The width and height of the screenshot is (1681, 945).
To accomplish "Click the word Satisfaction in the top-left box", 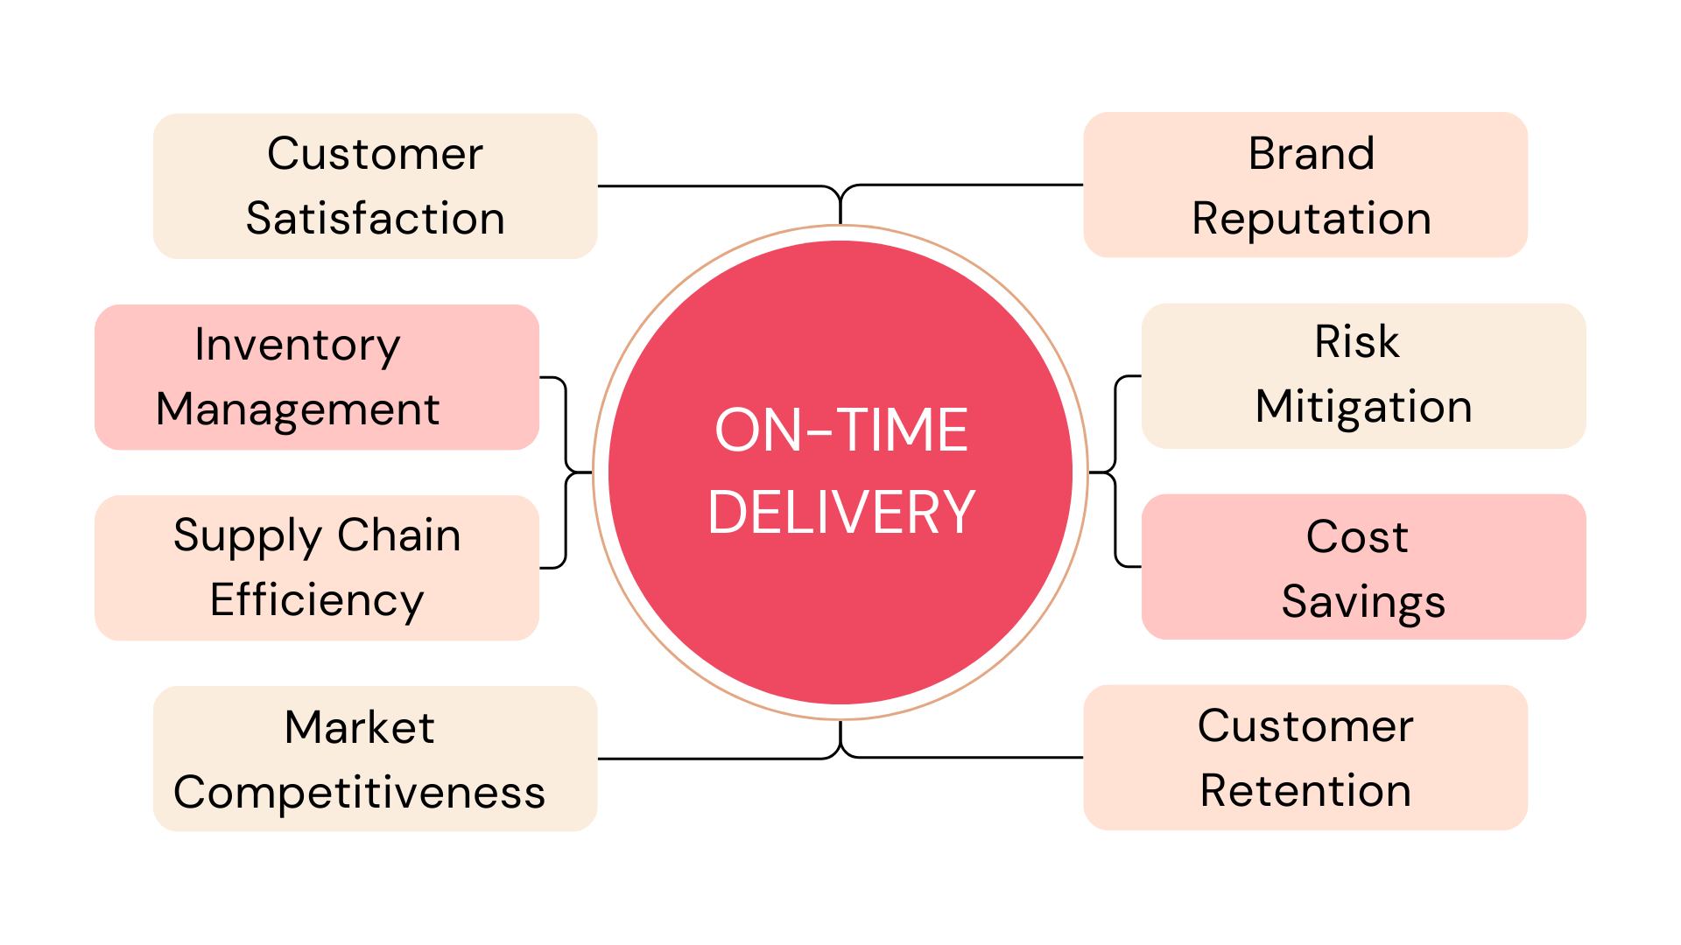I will coord(375,218).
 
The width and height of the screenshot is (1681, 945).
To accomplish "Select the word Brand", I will coord(1311,154).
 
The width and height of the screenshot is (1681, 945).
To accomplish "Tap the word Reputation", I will coord(1311,218).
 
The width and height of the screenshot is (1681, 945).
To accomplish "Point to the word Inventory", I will coord(297,345).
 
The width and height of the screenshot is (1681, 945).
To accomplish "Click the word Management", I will coord(297,409).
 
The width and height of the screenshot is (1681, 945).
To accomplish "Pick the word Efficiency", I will coord(316,600).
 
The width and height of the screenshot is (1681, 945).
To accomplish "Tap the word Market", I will coord(359,727).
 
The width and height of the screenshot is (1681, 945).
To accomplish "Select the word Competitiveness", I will coord(359,792).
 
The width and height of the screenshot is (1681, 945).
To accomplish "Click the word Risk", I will coord(1356,341).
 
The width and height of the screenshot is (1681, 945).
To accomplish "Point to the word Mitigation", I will coord(1363,406).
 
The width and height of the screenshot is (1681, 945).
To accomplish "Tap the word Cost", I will coord(1357,536).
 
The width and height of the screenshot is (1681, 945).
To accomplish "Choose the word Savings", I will coord(1363,601).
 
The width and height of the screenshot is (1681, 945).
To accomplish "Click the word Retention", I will coord(1305,791).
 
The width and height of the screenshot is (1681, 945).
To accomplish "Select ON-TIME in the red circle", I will coord(840,430).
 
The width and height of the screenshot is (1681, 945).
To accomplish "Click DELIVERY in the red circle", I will coord(840,512).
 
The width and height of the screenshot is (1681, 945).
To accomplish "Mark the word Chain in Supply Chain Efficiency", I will coord(398,535).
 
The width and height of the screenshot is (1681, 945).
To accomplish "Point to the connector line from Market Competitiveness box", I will coord(709,759).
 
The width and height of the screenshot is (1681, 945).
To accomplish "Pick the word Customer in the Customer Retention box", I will coord(1305,726).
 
